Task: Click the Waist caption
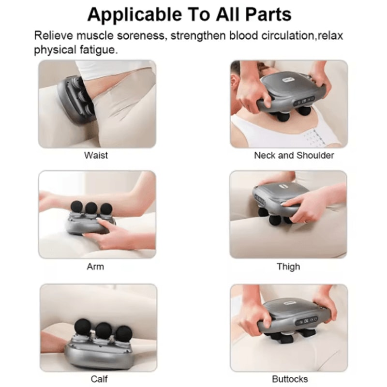[96, 155]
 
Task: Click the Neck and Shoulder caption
[294, 155]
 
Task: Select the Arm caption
[95, 267]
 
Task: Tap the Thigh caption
[288, 267]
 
